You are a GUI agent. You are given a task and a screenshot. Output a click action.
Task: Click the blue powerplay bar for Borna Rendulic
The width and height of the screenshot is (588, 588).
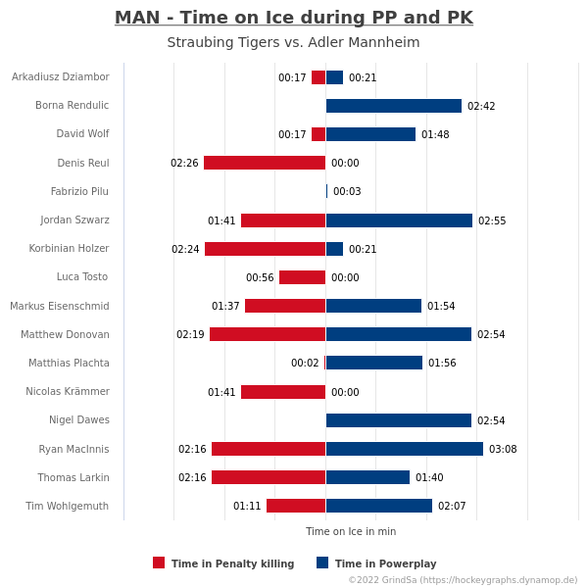394,106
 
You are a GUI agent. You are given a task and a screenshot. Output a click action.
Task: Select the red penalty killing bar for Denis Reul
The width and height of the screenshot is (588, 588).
265,163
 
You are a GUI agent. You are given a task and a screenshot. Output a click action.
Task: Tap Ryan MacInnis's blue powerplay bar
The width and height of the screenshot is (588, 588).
405,449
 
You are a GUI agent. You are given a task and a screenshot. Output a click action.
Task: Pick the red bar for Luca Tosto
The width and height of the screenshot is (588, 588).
302,277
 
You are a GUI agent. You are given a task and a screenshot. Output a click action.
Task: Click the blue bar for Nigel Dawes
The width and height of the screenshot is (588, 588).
399,420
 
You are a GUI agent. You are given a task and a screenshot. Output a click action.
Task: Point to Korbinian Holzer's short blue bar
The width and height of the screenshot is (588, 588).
334,249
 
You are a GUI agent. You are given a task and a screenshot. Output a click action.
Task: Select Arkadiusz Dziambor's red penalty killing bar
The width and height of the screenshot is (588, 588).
318,77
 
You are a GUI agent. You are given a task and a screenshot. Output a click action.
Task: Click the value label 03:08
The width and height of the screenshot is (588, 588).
503,449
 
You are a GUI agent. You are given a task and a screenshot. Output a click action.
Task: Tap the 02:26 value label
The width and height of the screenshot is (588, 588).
184,163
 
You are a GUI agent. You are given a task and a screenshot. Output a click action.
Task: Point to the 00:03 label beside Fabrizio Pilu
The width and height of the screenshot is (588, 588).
347,191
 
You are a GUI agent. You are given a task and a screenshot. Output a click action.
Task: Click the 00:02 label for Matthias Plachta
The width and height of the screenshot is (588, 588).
305,363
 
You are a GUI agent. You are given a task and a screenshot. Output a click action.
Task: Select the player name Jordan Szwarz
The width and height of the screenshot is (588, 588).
75,220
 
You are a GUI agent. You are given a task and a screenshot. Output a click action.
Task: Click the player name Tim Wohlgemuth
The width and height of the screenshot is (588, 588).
67,506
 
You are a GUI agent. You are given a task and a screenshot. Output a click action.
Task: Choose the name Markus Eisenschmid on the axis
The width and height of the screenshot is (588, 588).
60,306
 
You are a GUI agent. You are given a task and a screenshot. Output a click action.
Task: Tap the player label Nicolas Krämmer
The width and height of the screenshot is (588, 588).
68,391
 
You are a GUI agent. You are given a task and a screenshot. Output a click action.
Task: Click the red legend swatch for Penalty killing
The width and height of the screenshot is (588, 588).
159,563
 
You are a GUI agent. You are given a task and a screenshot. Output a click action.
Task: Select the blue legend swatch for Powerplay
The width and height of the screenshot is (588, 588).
322,563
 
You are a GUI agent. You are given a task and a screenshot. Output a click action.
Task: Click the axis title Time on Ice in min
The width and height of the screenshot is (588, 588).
351,531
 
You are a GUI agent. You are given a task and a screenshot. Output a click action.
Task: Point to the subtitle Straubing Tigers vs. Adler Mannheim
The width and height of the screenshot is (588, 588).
293,42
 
